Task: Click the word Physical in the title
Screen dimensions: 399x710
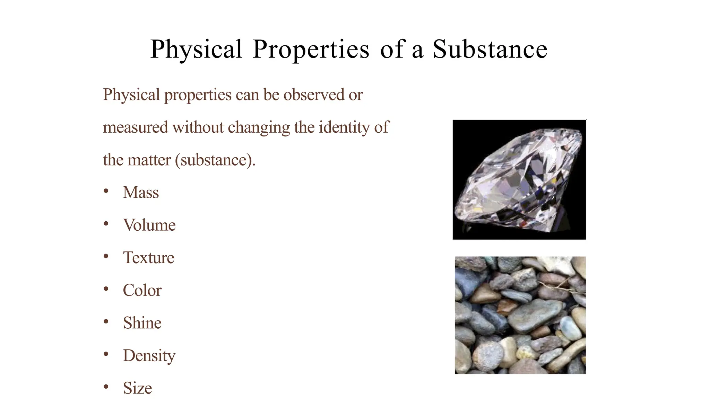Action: click(x=196, y=50)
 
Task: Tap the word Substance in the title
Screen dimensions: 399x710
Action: click(x=490, y=49)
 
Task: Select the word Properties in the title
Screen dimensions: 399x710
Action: click(x=311, y=50)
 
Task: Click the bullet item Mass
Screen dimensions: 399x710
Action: click(x=141, y=193)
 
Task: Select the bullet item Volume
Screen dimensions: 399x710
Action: click(x=149, y=225)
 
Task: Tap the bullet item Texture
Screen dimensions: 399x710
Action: click(x=148, y=258)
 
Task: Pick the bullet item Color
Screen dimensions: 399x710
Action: click(x=142, y=290)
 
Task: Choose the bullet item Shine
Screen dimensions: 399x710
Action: click(x=142, y=323)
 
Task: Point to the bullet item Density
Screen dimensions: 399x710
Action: click(x=149, y=356)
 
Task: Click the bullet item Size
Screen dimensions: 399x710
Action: click(x=137, y=388)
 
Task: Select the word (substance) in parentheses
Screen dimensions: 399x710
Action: click(x=215, y=160)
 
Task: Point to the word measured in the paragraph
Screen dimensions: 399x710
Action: click(x=136, y=127)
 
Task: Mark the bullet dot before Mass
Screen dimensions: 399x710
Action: click(x=106, y=191)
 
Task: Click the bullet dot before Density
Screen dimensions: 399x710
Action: click(x=106, y=354)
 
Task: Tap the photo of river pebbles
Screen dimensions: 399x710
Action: click(x=520, y=315)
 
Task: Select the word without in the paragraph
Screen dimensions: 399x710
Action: click(x=198, y=127)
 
